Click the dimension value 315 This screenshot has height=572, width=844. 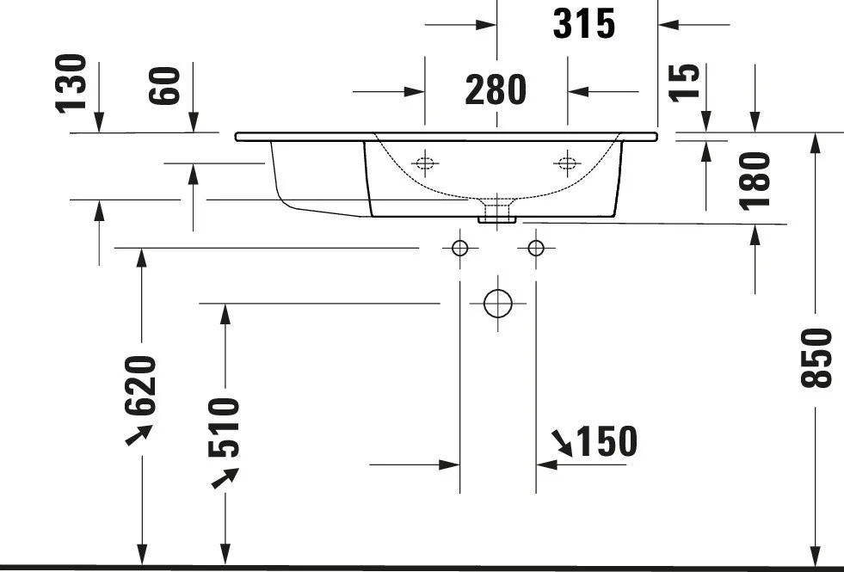pyautogui.click(x=584, y=24)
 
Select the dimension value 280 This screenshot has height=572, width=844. pyautogui.click(x=496, y=89)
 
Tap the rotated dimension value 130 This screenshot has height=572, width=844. pyautogui.click(x=71, y=83)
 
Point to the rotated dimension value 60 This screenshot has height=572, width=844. pyautogui.click(x=163, y=85)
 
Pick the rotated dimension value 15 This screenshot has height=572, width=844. pyautogui.click(x=684, y=83)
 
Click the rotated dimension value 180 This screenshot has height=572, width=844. pyautogui.click(x=755, y=181)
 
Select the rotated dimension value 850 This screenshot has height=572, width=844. pyautogui.click(x=816, y=358)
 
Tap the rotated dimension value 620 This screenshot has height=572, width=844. pyautogui.click(x=140, y=385)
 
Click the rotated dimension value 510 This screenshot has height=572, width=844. pyautogui.click(x=223, y=427)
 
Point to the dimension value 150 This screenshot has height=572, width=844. pyautogui.click(x=607, y=441)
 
